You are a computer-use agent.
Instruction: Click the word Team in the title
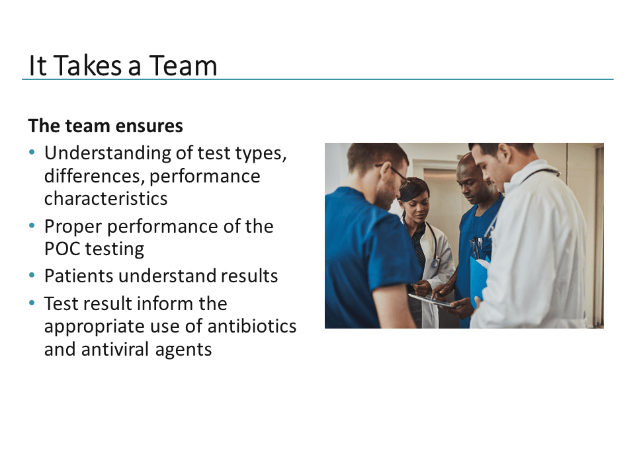click(x=183, y=65)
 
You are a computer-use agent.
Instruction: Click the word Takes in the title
click(x=87, y=65)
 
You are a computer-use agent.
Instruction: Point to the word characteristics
click(x=106, y=199)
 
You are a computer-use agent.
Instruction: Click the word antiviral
click(x=115, y=349)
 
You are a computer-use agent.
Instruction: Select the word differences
click(x=95, y=177)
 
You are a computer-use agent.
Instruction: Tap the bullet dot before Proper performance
click(x=32, y=225)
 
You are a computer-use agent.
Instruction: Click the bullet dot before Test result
click(x=32, y=303)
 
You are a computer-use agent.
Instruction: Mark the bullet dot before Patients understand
click(x=32, y=275)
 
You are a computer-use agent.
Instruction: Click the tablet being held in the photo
click(x=431, y=300)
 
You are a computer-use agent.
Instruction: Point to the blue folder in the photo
click(x=478, y=277)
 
